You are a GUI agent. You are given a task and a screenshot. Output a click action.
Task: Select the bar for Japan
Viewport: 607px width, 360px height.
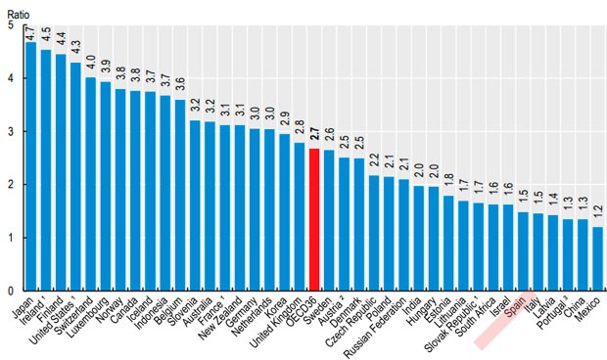(x=31, y=166)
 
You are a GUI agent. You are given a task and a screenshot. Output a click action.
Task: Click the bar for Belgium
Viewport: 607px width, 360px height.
(x=180, y=195)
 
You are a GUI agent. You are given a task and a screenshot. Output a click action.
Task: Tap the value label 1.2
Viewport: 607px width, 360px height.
(x=597, y=213)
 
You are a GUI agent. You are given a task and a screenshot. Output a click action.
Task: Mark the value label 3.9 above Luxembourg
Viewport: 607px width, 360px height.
(x=105, y=67)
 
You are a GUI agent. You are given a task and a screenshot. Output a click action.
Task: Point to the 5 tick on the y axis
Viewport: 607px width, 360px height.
(x=10, y=24)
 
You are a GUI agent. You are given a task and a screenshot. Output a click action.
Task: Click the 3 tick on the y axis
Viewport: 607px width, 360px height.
(x=10, y=131)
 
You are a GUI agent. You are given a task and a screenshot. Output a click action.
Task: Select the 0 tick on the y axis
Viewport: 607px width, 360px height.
(x=10, y=291)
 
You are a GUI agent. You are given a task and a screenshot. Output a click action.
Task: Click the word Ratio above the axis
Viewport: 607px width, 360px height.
(x=18, y=9)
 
